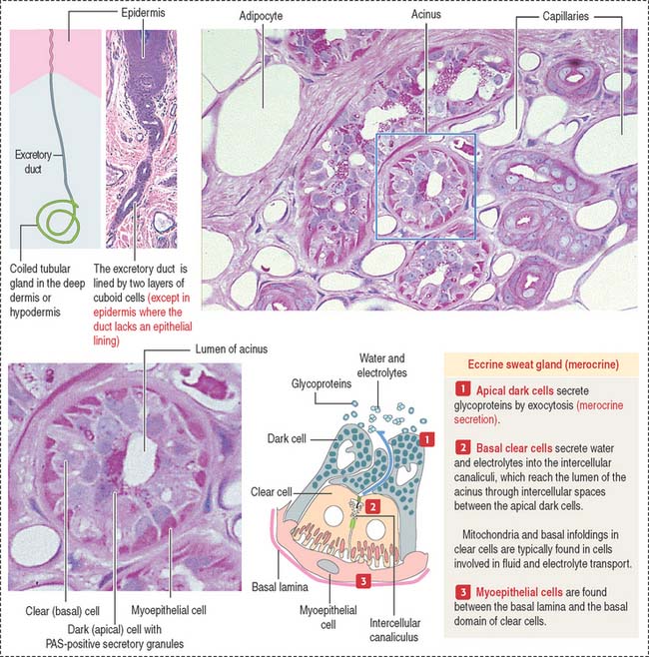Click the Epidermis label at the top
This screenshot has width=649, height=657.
pos(143,13)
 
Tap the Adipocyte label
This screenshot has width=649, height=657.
pos(261,16)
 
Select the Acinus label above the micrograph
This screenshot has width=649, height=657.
pos(425,14)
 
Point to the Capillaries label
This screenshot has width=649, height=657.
pos(565,16)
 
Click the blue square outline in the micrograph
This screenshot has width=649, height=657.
pos(376,187)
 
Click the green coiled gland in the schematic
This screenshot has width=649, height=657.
pos(57,222)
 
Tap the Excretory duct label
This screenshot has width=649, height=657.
pos(33,162)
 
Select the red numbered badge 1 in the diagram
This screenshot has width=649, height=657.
pos(427,439)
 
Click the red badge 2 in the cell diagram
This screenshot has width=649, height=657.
pos(372,507)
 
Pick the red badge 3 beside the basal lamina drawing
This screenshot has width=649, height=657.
pos(363,581)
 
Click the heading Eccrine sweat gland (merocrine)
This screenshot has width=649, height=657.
pos(543,364)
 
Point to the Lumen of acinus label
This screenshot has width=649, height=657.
pos(232,349)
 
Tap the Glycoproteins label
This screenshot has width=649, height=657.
pos(322,383)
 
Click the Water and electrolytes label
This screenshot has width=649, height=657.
pos(381,365)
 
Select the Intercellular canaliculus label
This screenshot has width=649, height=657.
pos(394,630)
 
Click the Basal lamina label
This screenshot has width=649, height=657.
pos(280,587)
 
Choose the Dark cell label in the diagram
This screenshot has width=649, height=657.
pos(287,438)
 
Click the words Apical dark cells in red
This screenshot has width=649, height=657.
pos(514,391)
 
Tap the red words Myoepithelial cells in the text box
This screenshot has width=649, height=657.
pos(519,592)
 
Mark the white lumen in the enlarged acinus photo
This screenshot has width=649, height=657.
pos(141,460)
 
